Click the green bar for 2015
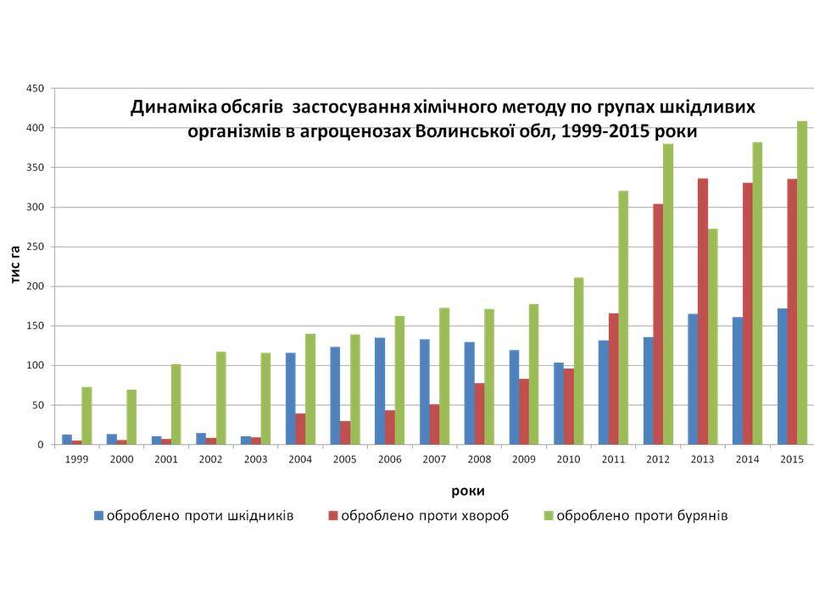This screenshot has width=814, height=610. point(802,283)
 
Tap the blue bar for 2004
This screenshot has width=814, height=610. point(291,399)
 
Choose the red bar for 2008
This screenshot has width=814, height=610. point(479,414)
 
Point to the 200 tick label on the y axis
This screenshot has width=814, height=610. point(35,286)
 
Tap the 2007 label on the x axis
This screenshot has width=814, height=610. point(434,458)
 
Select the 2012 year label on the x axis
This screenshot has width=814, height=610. point(658,458)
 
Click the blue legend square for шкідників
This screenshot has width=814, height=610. point(98,515)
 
